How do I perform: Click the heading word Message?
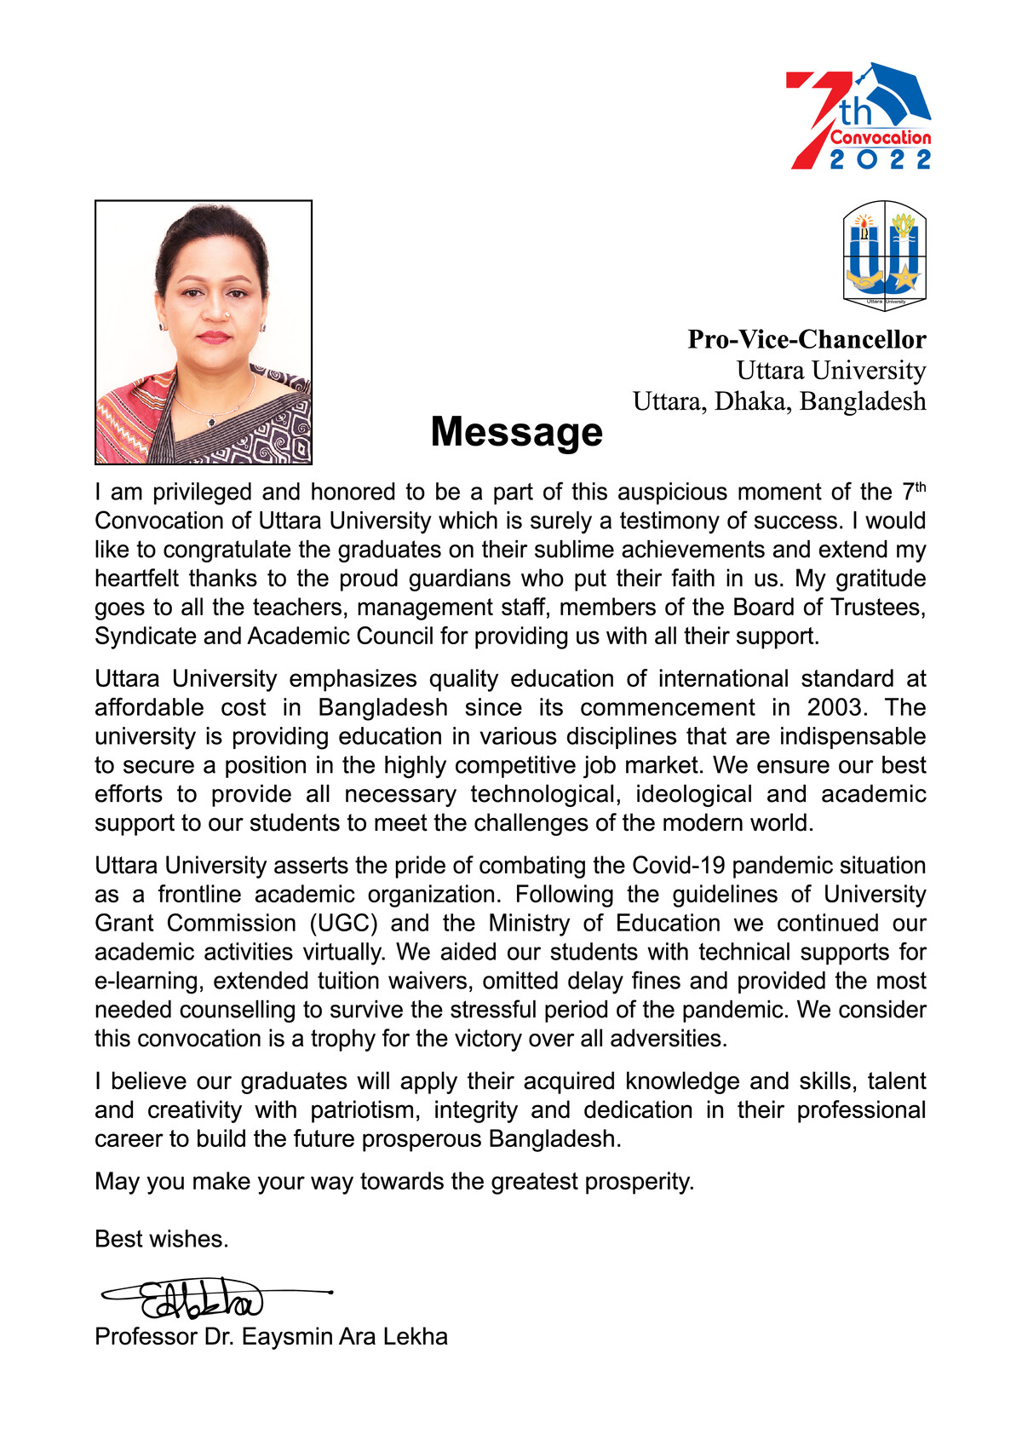click(x=516, y=432)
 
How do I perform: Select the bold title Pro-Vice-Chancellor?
click(x=807, y=339)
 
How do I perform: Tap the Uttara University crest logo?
click(x=884, y=255)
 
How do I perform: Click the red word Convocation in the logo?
click(x=881, y=137)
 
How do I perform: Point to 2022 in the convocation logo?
click(x=881, y=159)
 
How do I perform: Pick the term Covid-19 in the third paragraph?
click(x=679, y=866)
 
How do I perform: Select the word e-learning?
click(x=148, y=981)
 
